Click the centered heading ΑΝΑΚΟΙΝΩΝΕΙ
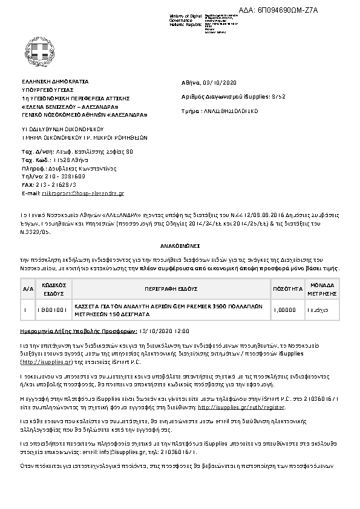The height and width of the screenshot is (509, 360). [180, 247]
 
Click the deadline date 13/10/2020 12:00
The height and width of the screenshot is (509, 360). [165, 332]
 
